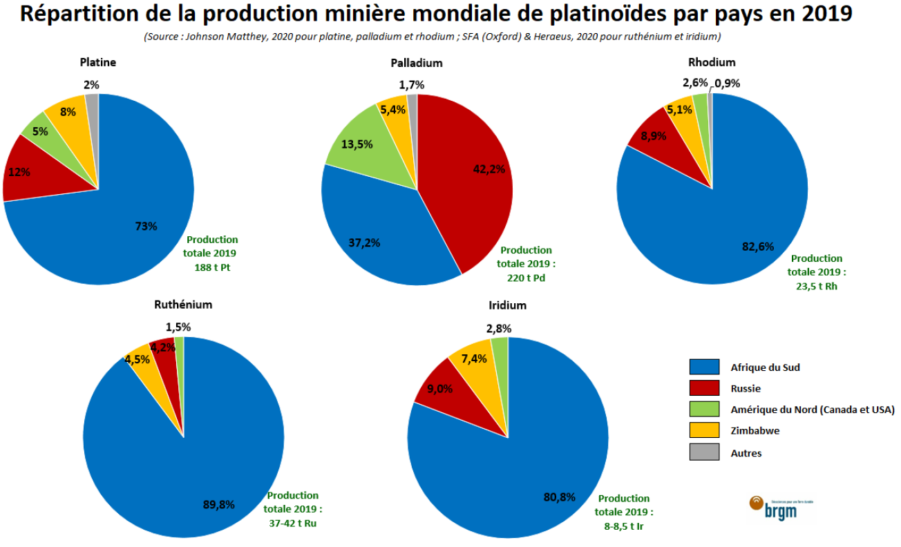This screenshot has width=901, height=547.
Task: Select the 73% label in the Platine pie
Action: (x=146, y=226)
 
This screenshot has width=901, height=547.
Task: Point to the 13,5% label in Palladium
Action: (x=357, y=145)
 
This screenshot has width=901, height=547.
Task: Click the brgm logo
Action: (x=775, y=507)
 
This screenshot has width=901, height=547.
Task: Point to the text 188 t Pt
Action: (x=211, y=267)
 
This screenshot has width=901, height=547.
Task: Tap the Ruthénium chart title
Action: (x=183, y=305)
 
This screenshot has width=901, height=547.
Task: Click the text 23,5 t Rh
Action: (x=816, y=286)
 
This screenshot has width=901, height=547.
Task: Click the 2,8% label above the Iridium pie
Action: (x=498, y=328)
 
